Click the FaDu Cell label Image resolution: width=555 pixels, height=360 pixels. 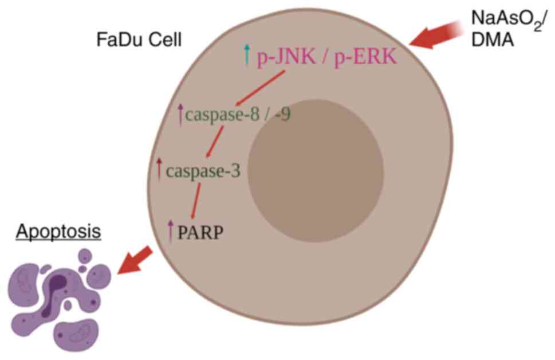point(139,41)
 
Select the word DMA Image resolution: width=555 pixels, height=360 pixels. point(492,41)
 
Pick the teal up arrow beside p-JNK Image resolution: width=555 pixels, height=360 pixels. point(247,55)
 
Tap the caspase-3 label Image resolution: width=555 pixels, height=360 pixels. point(206,170)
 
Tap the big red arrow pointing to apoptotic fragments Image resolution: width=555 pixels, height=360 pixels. point(134,260)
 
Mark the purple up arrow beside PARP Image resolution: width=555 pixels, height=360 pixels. point(170,232)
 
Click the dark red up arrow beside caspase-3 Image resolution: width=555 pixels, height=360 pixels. point(159,169)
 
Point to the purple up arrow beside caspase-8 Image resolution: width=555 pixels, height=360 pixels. point(181,114)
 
